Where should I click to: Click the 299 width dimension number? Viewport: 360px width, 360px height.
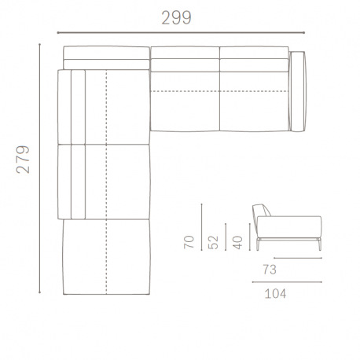point(177,18)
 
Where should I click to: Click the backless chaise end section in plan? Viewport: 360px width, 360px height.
point(105,255)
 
